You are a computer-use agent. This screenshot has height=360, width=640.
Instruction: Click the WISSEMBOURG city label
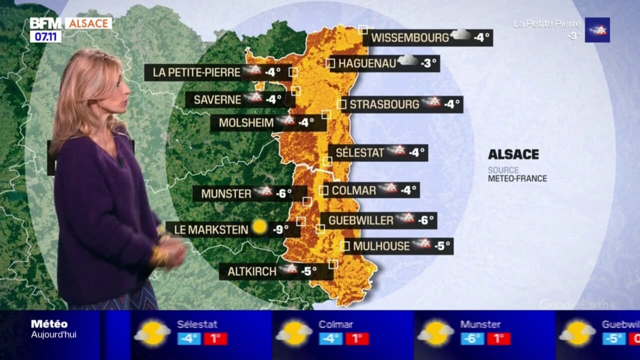click(x=410, y=37)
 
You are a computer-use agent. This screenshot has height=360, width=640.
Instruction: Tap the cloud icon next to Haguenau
click(x=407, y=60)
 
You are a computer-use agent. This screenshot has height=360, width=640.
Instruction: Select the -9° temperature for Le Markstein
click(x=280, y=229)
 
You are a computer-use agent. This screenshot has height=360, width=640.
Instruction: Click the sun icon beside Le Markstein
click(x=259, y=227)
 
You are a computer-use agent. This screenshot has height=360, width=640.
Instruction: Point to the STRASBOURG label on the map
click(x=384, y=104)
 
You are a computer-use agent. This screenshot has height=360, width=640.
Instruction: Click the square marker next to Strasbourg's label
click(x=341, y=104)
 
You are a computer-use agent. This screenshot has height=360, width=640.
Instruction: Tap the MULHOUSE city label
click(x=381, y=246)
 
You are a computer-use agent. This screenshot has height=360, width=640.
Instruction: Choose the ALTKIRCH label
click(x=251, y=272)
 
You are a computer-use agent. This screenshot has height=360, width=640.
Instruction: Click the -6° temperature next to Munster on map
click(x=283, y=193)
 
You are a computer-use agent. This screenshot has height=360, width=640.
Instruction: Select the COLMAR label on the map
click(x=353, y=190)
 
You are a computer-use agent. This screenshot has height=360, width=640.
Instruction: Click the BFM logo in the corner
click(x=45, y=23)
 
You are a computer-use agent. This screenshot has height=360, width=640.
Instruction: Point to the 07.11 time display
click(x=45, y=36)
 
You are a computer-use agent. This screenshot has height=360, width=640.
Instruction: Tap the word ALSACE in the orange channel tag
click(x=88, y=23)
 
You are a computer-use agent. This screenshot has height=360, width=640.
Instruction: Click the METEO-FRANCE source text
click(x=517, y=178)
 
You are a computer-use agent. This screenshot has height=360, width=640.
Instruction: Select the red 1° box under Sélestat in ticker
click(x=215, y=338)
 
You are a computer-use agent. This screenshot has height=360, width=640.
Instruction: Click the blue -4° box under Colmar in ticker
click(x=331, y=338)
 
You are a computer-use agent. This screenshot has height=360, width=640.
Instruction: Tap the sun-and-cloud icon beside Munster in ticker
click(x=436, y=333)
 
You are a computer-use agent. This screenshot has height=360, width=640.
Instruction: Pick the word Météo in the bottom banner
click(x=49, y=324)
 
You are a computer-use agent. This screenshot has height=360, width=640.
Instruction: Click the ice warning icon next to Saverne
click(x=255, y=97)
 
